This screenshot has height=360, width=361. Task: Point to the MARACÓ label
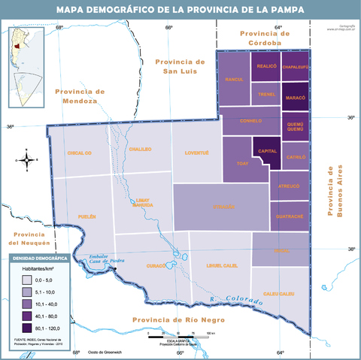pos(296,98)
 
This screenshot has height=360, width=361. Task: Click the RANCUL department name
pos(234,79)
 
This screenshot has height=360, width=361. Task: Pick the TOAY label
pos(242,162)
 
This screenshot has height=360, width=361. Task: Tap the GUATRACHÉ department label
pos(290,216)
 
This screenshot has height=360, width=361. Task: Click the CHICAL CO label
pos(78,153)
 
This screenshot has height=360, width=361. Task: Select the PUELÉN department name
pos(87,216)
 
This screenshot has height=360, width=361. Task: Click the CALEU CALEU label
pos(278,293)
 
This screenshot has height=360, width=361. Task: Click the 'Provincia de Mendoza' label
pos(79,95)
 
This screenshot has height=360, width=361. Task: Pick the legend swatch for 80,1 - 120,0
pos(29,328)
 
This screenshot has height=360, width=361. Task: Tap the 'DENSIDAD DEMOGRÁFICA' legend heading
pos(39,258)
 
